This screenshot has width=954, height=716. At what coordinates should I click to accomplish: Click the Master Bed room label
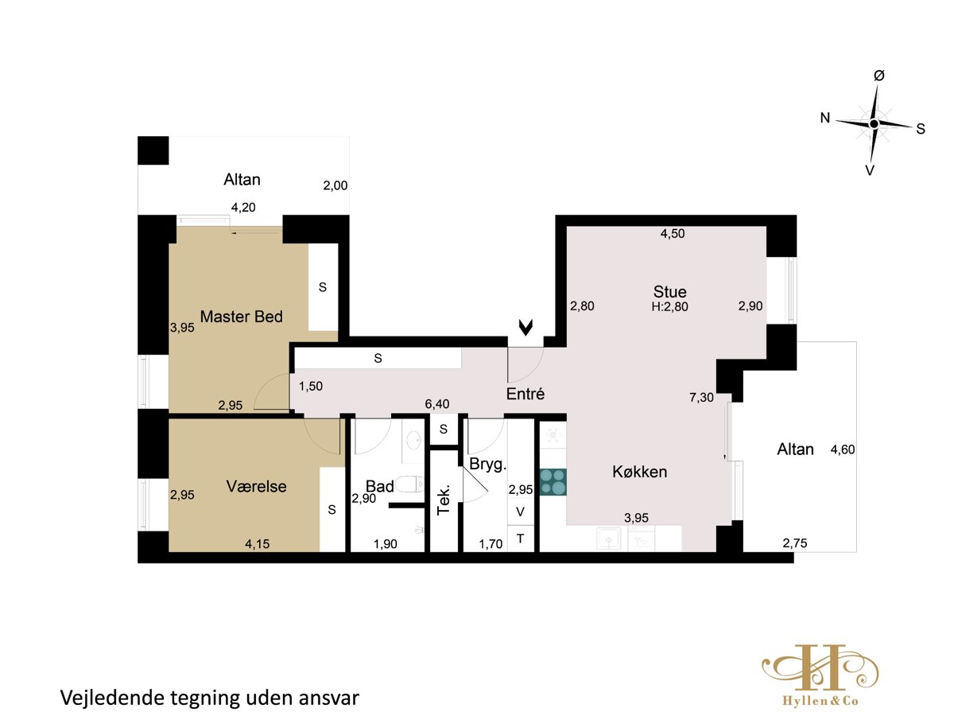[241, 317]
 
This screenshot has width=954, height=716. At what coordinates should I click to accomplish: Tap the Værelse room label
[256, 486]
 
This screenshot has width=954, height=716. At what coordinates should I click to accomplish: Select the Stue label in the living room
[669, 292]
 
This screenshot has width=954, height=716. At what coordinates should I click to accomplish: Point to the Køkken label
[639, 472]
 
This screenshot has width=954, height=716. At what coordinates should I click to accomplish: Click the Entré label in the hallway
[525, 394]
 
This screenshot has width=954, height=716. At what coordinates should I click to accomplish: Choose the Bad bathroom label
[379, 486]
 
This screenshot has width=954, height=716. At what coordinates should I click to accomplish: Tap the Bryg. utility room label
[487, 465]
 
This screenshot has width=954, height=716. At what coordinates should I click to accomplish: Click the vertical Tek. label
[443, 500]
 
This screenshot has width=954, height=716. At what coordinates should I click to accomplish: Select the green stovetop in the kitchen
[553, 482]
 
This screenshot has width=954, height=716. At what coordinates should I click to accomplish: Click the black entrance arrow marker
[526, 328]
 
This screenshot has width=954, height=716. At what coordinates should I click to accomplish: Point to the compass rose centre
[874, 124]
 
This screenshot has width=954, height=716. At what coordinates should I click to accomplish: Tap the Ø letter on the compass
[878, 76]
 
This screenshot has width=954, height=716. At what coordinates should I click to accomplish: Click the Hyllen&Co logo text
[820, 701]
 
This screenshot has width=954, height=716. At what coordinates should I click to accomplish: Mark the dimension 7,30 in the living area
[701, 397]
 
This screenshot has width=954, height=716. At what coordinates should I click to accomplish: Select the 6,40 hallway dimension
[436, 404]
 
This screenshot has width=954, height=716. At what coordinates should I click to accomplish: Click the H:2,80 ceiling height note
[669, 307]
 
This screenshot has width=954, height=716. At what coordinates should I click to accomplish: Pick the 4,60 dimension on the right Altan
[842, 449]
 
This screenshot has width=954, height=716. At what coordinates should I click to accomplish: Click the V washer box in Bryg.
[520, 512]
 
